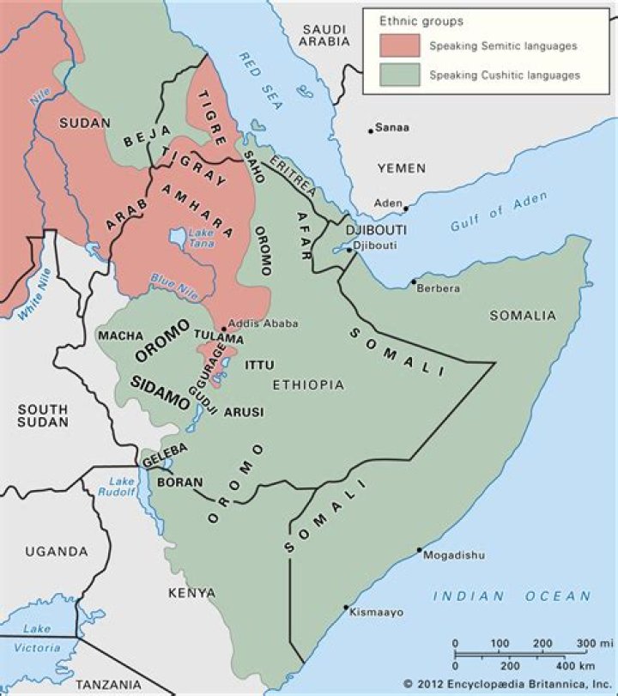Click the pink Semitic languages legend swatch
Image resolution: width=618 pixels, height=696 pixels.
pos(401,45)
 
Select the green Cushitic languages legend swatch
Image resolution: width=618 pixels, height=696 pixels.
pos(401,75)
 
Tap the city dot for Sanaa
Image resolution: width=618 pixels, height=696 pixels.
pos(371,131)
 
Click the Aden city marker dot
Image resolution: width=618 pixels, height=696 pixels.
pos(406,208)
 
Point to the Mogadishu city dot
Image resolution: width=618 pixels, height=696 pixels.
pos(420,550)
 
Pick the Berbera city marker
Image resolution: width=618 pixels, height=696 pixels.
pos(413,281)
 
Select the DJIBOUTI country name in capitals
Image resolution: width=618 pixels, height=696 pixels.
pos(375,231)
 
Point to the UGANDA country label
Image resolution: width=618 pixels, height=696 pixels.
pos(56,551)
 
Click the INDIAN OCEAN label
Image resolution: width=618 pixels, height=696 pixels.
pos(512,596)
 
